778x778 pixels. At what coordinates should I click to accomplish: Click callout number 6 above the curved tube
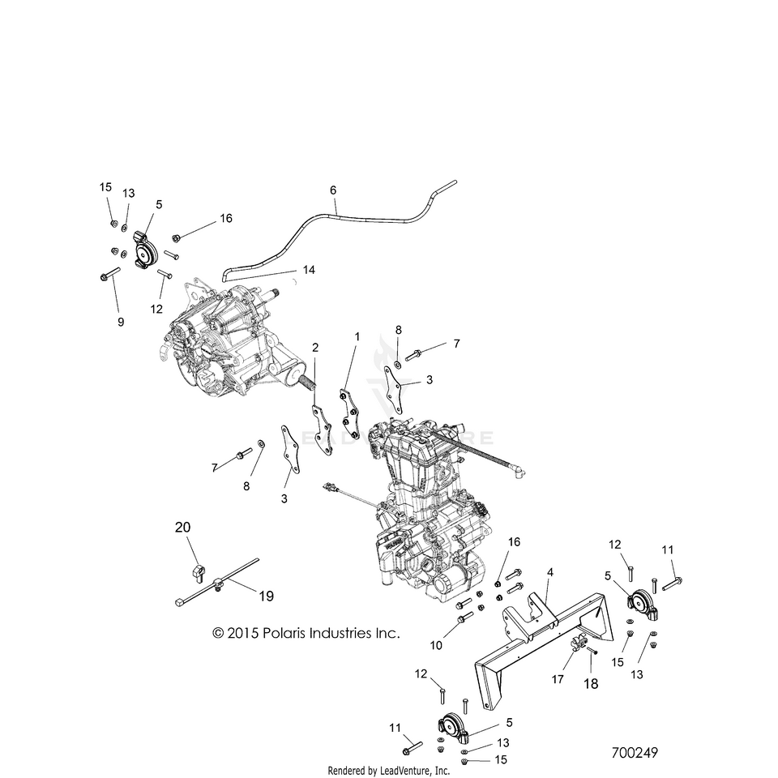[x=332, y=190]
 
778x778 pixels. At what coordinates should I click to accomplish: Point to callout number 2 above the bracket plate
[x=315, y=347]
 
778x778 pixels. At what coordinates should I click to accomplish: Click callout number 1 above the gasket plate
[x=356, y=336]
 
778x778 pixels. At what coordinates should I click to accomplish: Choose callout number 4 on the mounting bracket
[x=549, y=572]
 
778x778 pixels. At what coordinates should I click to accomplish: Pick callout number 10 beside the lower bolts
[x=437, y=646]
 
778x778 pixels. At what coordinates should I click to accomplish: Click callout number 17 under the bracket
[x=558, y=679]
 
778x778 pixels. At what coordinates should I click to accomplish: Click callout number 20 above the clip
[x=183, y=528]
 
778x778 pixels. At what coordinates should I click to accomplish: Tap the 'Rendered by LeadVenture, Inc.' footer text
[x=388, y=770]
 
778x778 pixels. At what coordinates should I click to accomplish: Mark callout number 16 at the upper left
[x=225, y=219]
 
